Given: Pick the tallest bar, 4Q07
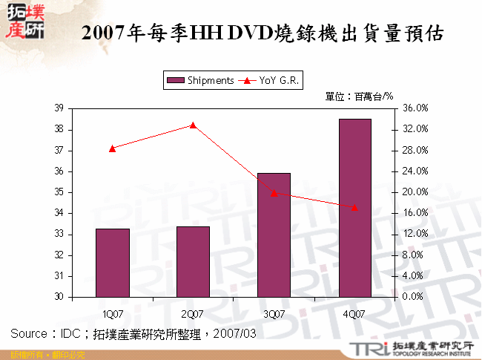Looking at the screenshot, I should pos(354,208).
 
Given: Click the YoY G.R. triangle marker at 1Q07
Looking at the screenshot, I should pos(112,148).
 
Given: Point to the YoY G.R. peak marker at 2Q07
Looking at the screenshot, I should pos(193,125).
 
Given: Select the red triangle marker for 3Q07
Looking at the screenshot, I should pos(274,193).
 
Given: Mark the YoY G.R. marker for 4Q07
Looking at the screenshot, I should pos(354,207).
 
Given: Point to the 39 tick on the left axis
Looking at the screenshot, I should pos(59,108).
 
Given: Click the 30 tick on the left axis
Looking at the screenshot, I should pos(59,297).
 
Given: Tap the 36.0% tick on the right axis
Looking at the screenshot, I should pos(415,108).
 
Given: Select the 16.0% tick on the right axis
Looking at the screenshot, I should pos(415,213).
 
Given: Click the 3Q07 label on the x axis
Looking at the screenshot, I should pos(274,314).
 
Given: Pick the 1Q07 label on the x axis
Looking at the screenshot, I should pos(113,314).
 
